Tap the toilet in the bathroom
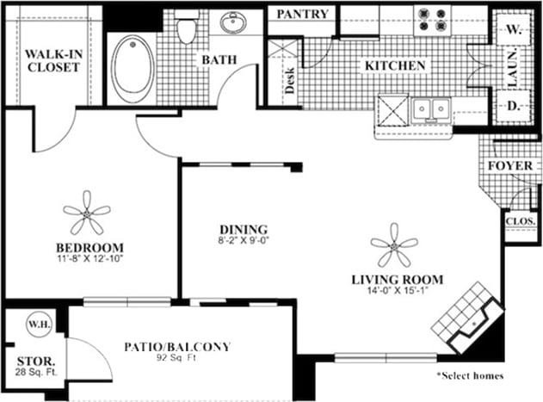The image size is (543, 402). pyautogui.click(x=187, y=28)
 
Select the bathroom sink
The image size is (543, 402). pyautogui.click(x=233, y=22)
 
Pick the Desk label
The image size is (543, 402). pyautogui.click(x=289, y=80)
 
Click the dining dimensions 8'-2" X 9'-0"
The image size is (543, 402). pyautogui.click(x=243, y=242)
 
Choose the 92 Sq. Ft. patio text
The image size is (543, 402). pyautogui.click(x=179, y=360)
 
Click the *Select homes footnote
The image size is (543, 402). pyautogui.click(x=469, y=375)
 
